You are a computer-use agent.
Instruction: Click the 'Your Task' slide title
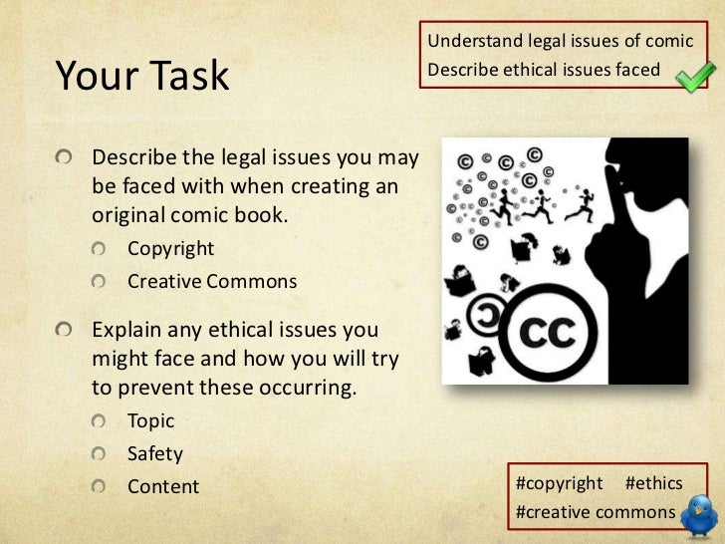tap(141, 76)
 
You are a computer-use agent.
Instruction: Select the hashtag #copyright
tap(560, 483)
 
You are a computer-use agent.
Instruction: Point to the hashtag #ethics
tap(653, 483)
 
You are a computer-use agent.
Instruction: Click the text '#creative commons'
tap(593, 512)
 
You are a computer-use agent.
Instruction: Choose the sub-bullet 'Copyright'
tap(170, 248)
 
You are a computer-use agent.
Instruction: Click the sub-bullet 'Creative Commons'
tap(211, 282)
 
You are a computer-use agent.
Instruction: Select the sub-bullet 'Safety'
tap(155, 454)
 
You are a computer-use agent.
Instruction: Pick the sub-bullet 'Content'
tap(163, 487)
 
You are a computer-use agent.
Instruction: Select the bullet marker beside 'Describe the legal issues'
tap(66, 158)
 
